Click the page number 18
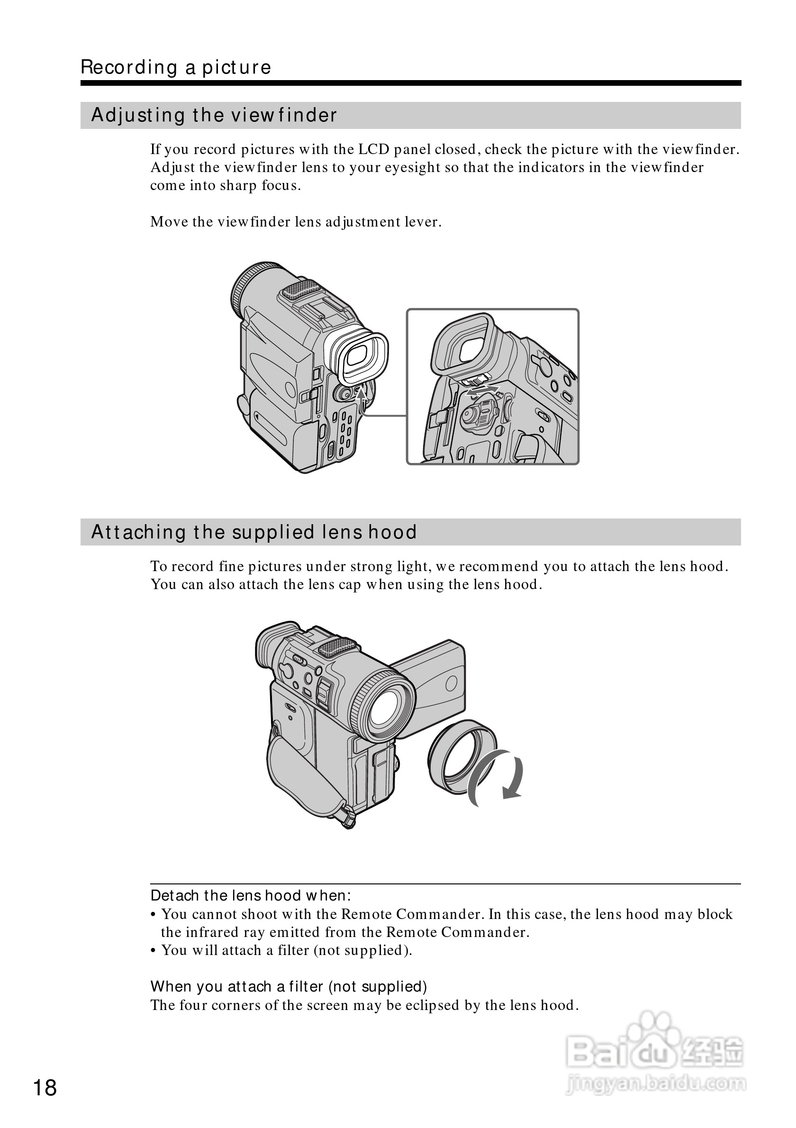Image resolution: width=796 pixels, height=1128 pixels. [45, 1088]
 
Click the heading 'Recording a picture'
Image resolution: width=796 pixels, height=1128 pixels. [176, 67]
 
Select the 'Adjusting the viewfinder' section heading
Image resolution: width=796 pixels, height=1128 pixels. [214, 116]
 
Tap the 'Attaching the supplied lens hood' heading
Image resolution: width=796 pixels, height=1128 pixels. [254, 532]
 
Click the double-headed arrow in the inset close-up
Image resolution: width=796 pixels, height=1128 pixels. [482, 391]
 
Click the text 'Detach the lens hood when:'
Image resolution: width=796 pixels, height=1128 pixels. [251, 896]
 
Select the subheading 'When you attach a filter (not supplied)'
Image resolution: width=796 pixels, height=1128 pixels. [289, 986]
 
